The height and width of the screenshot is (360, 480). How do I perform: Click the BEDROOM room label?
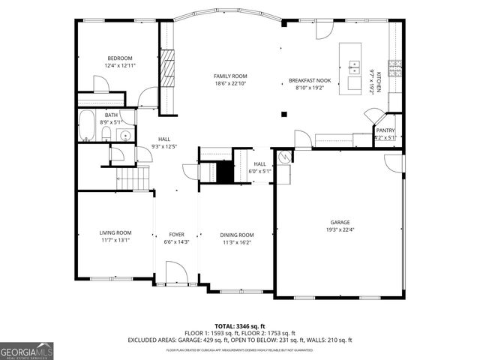click(x=119, y=58)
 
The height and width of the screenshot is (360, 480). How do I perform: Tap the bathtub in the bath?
click(x=88, y=126)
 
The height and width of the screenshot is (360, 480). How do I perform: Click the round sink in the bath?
click(x=125, y=136)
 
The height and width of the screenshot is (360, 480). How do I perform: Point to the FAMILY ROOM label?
click(x=230, y=76)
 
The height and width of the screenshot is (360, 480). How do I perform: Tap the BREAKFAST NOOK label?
click(x=310, y=79)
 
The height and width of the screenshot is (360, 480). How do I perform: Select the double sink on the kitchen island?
click(x=353, y=66)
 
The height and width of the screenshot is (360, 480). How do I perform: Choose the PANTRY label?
click(x=385, y=130)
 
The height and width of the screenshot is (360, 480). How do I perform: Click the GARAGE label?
click(x=340, y=223)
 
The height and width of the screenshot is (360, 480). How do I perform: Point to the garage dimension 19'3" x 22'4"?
click(x=340, y=231)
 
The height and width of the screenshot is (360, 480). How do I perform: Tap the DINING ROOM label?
click(x=236, y=235)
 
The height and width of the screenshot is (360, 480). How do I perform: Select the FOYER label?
click(x=177, y=235)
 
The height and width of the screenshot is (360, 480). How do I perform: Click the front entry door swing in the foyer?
click(x=175, y=271)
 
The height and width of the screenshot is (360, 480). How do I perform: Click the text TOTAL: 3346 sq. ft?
click(x=241, y=326)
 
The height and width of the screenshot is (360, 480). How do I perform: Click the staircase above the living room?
click(x=132, y=178)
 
